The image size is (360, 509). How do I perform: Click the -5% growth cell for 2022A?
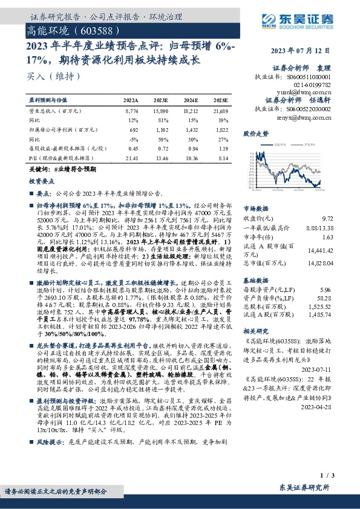tap(134, 138)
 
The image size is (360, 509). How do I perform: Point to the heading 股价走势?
tap(255, 132)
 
